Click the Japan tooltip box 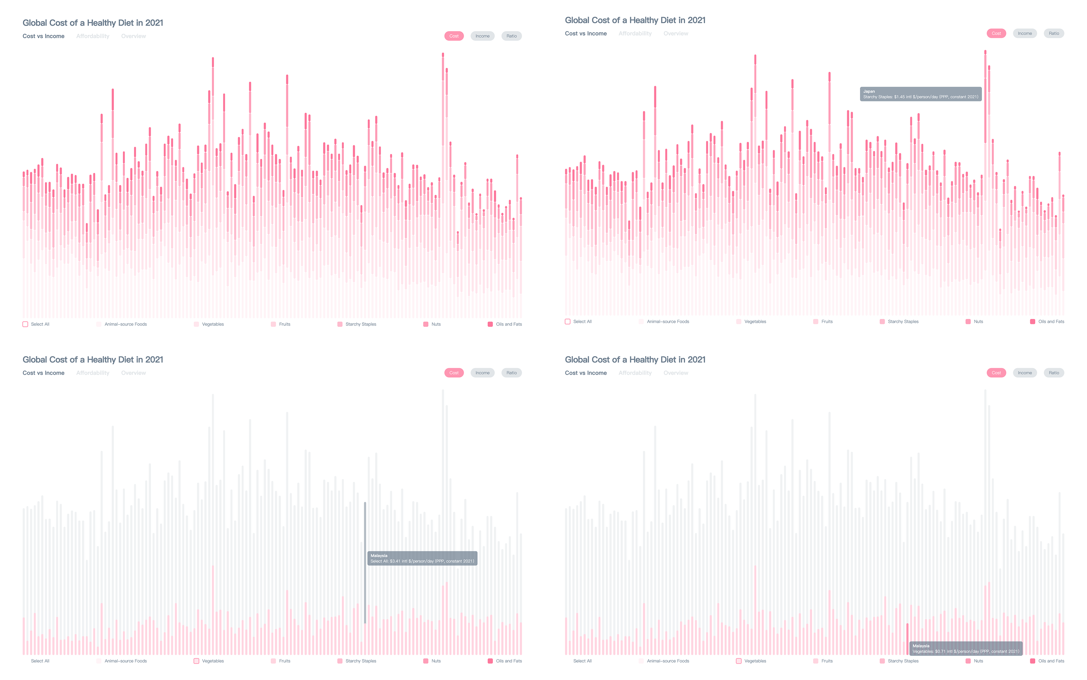(920, 94)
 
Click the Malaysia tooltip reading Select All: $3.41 (422, 558)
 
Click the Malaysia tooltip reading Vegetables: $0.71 (965, 648)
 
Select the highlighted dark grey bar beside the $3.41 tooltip (365, 562)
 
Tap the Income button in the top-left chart (482, 36)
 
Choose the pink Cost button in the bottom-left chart (453, 373)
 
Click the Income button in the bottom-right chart (1024, 373)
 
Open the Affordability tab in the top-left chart (93, 36)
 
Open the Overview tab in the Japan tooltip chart (675, 33)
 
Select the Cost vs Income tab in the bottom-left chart (43, 373)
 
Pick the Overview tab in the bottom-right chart (675, 373)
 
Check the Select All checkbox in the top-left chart (26, 324)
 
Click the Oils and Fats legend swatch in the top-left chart (490, 324)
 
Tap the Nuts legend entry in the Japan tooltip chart (973, 322)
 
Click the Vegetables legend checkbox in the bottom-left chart (196, 661)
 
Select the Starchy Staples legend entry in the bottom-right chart (899, 661)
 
